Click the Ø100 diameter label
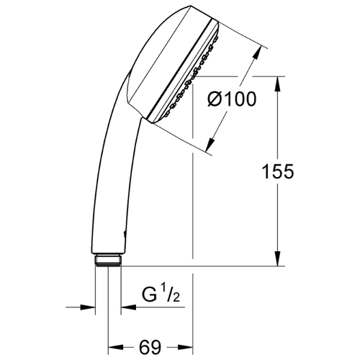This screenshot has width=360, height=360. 232,99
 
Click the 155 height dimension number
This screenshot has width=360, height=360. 278,171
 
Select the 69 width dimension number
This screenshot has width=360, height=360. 150,347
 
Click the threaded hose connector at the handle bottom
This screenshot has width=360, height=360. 108,260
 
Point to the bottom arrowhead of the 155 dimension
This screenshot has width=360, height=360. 278,258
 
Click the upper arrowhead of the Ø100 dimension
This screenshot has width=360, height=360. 256,53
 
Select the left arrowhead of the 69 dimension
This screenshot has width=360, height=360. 116,347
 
